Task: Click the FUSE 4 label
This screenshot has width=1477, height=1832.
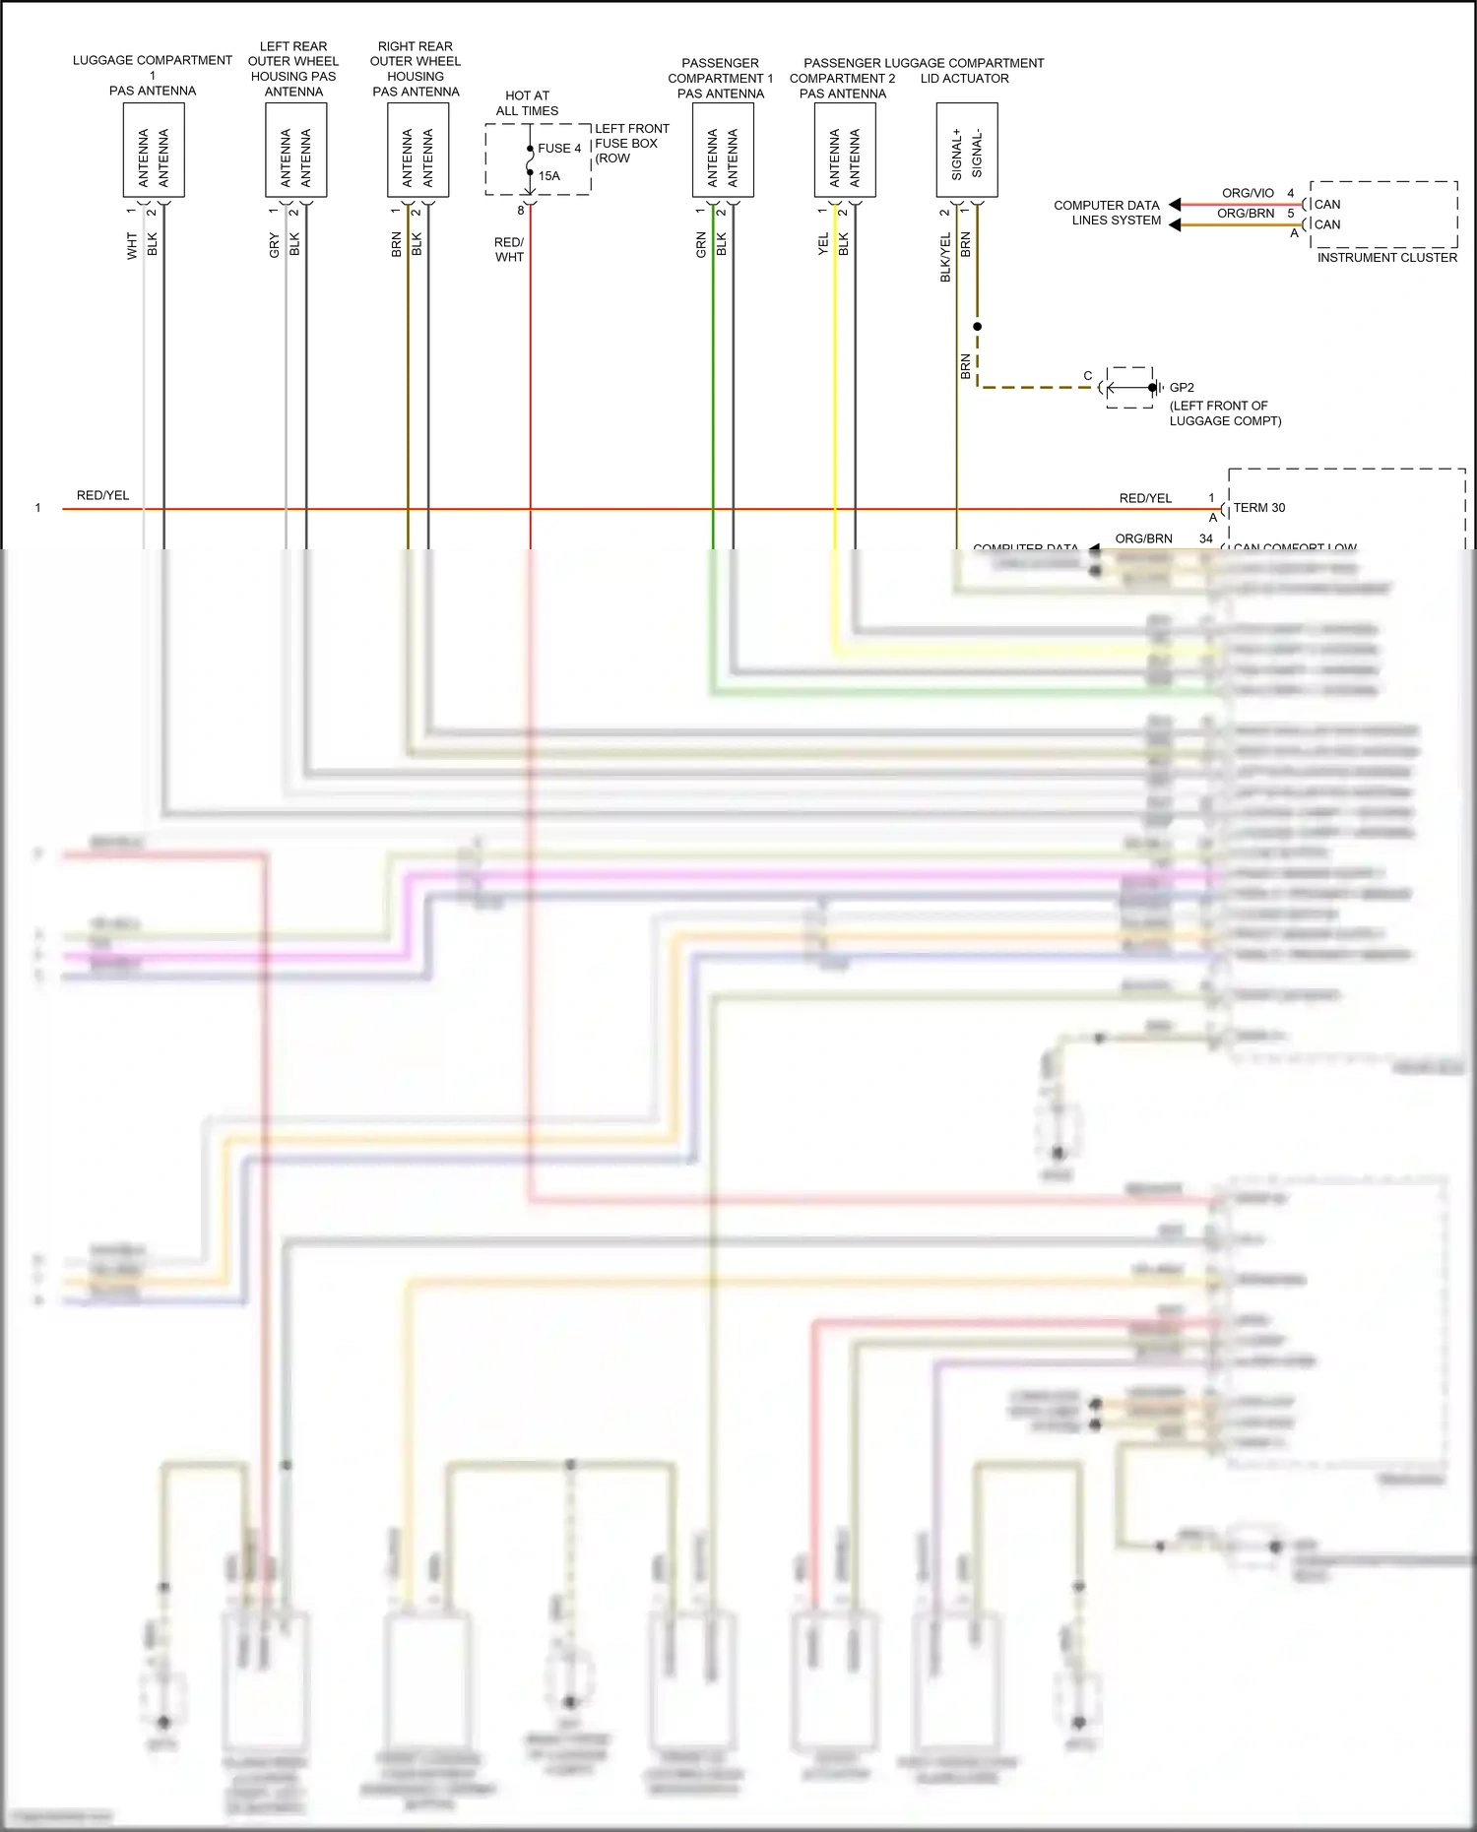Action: (x=559, y=149)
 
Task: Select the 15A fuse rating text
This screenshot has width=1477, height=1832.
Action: (x=548, y=176)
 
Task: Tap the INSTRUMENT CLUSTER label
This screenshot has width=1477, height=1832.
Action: (x=1386, y=258)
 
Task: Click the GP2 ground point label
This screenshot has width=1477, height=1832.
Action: (x=1182, y=388)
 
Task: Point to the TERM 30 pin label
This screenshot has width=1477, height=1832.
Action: (x=1259, y=508)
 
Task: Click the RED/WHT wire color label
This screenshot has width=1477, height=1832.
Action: (x=509, y=249)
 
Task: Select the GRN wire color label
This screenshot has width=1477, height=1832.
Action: (x=701, y=244)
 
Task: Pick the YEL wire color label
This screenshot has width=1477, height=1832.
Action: (x=823, y=244)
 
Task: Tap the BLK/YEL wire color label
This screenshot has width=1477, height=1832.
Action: (x=945, y=257)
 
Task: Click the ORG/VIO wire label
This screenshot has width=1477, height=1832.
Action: (x=1248, y=193)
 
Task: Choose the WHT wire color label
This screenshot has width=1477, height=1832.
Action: (x=132, y=245)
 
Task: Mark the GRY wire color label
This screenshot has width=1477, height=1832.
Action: (x=274, y=245)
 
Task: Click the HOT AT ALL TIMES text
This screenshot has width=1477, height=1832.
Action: (x=527, y=103)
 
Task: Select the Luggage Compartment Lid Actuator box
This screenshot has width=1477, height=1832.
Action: (x=966, y=150)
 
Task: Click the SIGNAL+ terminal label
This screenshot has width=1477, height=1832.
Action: (x=956, y=155)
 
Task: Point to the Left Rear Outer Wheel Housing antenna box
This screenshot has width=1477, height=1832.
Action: (x=295, y=150)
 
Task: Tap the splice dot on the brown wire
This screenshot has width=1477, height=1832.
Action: (x=977, y=326)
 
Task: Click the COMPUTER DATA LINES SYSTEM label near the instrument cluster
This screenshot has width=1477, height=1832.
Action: (x=1107, y=213)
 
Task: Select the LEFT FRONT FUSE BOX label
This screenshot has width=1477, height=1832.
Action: (x=631, y=143)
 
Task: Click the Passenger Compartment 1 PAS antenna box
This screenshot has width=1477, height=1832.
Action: (x=723, y=150)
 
